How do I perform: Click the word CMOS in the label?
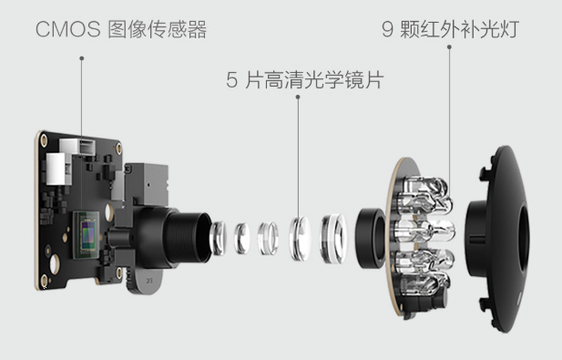(x=68, y=29)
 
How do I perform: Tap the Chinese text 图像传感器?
(x=157, y=29)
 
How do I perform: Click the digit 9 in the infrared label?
(x=387, y=29)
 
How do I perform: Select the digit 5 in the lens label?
(x=232, y=79)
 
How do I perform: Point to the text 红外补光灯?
(x=470, y=29)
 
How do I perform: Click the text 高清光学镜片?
(x=324, y=79)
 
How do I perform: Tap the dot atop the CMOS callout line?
(x=82, y=58)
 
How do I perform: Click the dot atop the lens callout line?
(x=298, y=97)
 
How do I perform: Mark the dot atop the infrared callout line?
(x=449, y=47)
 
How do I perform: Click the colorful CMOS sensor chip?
(x=87, y=235)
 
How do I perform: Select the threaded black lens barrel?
(x=189, y=237)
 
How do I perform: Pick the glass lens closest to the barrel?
(x=218, y=238)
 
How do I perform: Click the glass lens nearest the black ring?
(x=333, y=239)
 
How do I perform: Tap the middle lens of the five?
(x=268, y=239)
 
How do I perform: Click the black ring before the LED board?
(x=370, y=238)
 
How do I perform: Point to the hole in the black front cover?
(x=524, y=238)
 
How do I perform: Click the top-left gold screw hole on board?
(x=44, y=139)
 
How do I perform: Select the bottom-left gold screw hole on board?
(x=44, y=281)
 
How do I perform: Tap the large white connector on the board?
(x=58, y=169)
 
